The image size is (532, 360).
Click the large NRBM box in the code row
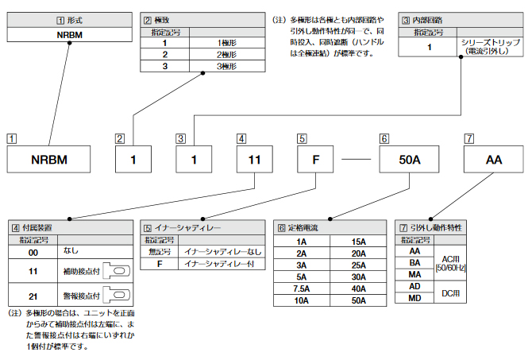tap(49, 160)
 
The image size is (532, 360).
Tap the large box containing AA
tap(494, 160)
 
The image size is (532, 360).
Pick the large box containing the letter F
tap(316, 160)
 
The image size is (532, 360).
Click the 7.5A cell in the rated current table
tap(302, 289)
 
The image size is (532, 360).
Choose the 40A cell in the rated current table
tap(358, 289)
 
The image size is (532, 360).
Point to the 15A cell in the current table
tap(358, 242)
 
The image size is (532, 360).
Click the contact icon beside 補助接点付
tap(116, 272)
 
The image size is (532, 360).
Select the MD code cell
tap(414, 298)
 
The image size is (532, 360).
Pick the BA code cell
tap(414, 261)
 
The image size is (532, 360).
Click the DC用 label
tap(449, 292)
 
